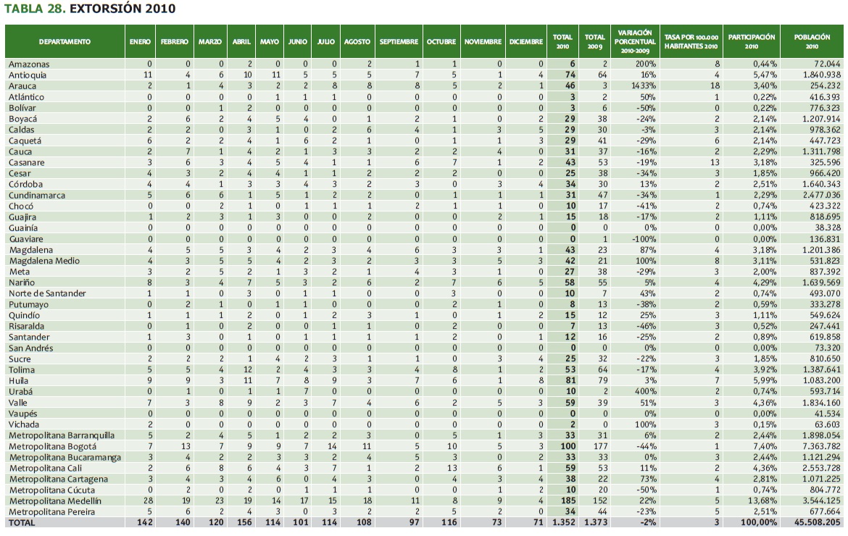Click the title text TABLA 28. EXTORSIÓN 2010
(90, 9)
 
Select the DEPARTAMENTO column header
(65, 42)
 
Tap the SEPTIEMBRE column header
(399, 42)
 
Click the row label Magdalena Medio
(44, 261)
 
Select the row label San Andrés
(31, 348)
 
